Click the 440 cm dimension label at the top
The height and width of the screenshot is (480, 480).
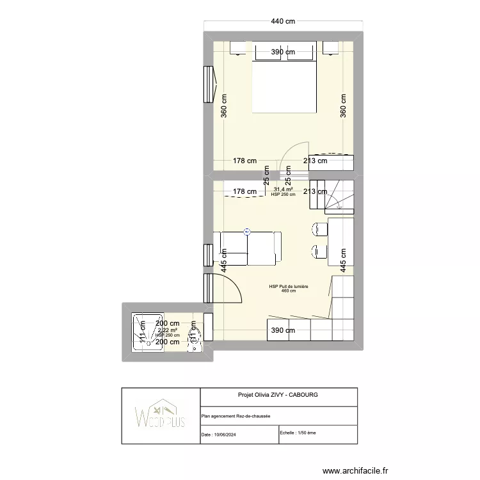(283, 21)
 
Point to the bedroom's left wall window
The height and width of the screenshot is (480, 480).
(209, 84)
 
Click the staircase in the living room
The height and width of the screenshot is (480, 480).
(338, 196)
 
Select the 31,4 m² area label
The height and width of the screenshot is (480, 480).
(283, 189)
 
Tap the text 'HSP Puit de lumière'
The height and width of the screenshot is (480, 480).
(289, 287)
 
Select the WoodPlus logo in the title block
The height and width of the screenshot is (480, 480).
(161, 416)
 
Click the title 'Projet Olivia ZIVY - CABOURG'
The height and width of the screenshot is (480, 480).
(278, 395)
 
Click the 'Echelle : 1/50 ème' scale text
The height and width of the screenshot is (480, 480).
(298, 433)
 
